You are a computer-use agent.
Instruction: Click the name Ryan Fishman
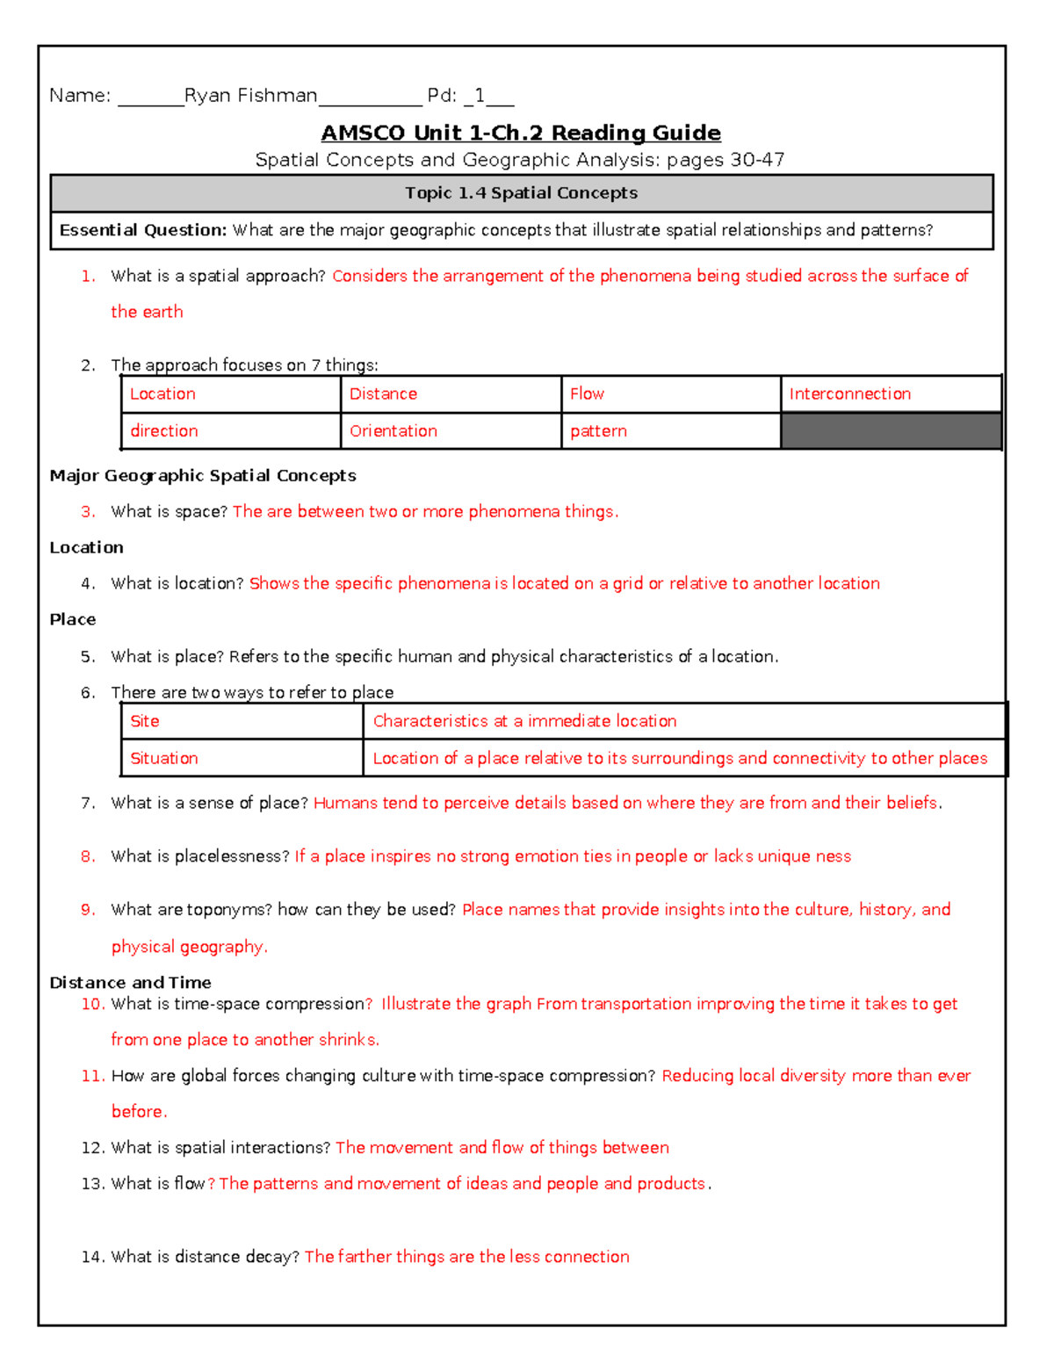coord(250,96)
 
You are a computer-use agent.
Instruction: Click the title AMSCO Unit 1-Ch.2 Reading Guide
coord(521,133)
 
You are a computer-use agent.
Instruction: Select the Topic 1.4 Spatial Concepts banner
coord(521,193)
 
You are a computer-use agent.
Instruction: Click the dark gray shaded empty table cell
coord(891,431)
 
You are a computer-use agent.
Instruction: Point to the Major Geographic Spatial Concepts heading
coord(203,476)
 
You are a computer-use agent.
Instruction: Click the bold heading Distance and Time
coord(130,983)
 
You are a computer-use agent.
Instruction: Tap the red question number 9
coord(88,910)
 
